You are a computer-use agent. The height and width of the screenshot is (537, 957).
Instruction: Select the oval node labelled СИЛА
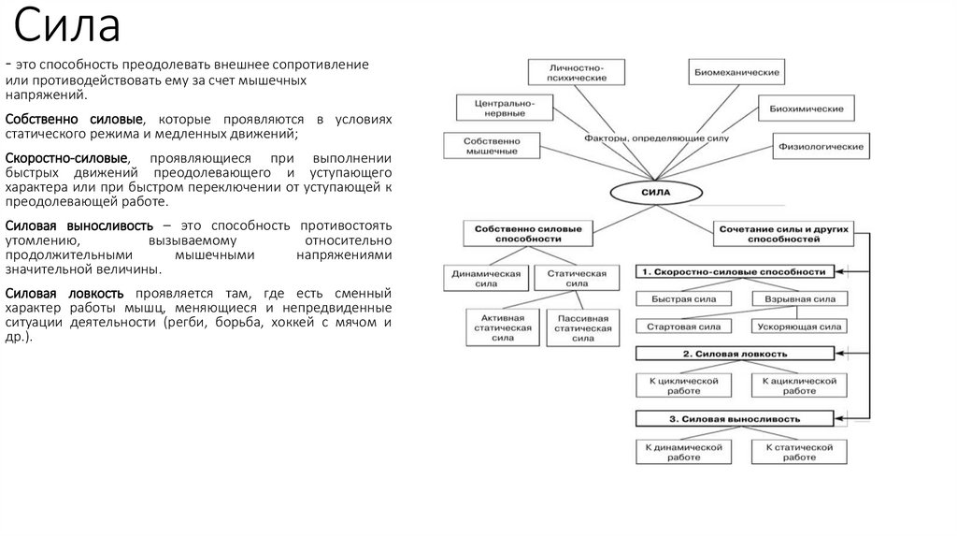(x=654, y=193)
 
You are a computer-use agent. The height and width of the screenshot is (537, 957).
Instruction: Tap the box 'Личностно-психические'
(x=578, y=73)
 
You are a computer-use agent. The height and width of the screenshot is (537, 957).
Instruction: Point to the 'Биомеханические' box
(x=737, y=72)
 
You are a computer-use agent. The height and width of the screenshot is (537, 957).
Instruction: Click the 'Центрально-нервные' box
(x=496, y=107)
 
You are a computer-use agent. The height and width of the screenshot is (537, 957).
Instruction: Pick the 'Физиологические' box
(x=820, y=146)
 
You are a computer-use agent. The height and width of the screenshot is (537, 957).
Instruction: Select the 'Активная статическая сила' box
(x=503, y=327)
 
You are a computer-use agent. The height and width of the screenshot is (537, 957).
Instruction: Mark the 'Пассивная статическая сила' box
(x=582, y=327)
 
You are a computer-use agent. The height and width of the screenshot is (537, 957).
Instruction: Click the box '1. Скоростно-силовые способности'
(x=735, y=271)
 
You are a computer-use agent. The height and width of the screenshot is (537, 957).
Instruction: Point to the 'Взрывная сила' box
(x=799, y=299)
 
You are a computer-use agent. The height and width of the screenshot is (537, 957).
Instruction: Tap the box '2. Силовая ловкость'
(x=735, y=354)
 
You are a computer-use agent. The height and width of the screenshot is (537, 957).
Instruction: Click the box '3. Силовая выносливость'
(x=735, y=418)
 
